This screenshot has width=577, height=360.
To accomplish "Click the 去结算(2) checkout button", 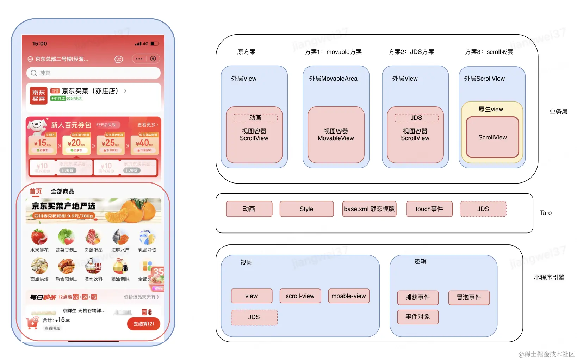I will (143, 324).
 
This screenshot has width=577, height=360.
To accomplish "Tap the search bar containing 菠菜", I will (93, 73).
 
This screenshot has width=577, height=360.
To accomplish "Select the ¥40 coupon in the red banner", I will (144, 144).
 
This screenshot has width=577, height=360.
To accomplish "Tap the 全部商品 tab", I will (62, 191).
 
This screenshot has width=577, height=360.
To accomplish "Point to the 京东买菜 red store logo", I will (38, 95).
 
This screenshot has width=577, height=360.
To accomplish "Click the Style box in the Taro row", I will (306, 209).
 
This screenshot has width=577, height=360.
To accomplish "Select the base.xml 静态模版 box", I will (369, 209).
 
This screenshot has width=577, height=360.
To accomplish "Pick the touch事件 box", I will (429, 209).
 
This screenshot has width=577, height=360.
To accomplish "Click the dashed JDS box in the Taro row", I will (483, 209).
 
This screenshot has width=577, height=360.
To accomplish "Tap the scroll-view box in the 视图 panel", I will (300, 296).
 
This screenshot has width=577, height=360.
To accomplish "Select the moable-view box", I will (349, 296).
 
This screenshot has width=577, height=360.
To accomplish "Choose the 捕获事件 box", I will (418, 298).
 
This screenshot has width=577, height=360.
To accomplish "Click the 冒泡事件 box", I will (469, 298).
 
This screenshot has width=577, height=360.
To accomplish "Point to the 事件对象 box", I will (418, 317).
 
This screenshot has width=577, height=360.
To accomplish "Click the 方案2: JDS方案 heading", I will (411, 52).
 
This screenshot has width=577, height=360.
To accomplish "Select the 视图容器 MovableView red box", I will (336, 135).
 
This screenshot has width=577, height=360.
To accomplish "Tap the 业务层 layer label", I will (558, 112).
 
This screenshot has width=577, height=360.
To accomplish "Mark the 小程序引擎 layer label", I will (549, 278).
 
